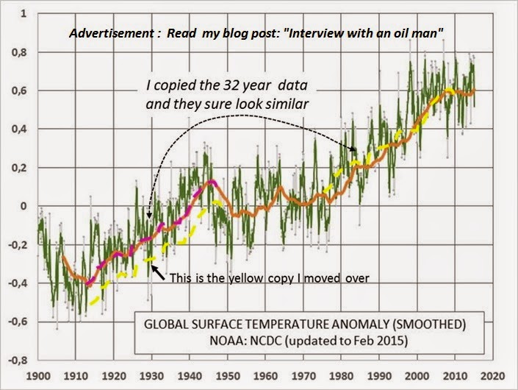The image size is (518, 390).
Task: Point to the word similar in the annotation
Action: (286, 104)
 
